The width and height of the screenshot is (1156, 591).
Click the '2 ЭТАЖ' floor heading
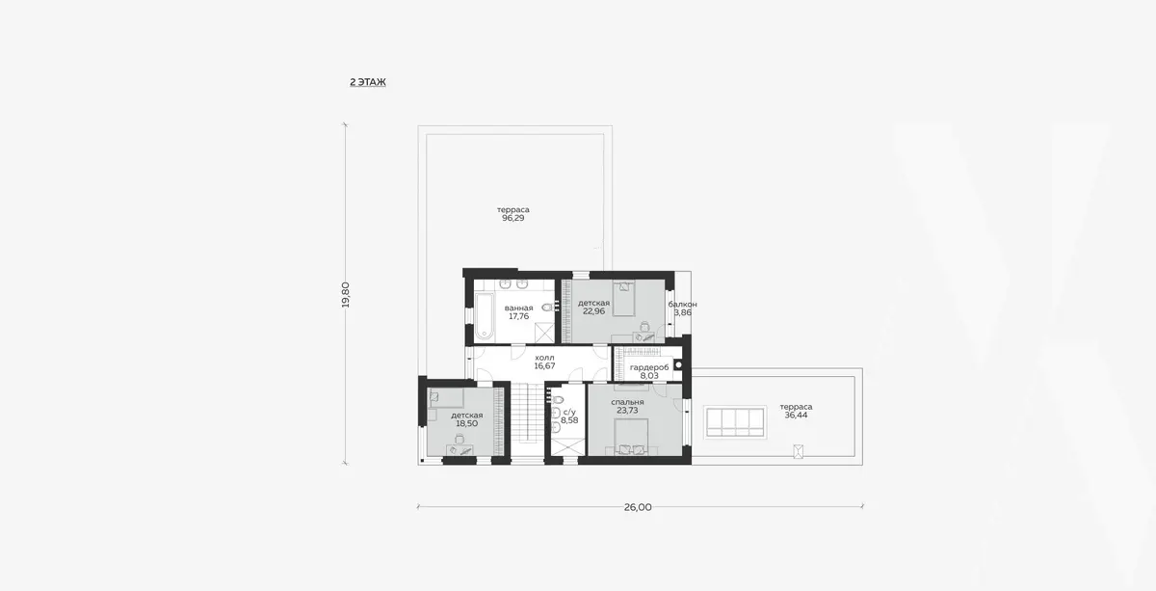tap(367, 82)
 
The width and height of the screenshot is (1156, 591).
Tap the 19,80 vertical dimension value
tap(346, 295)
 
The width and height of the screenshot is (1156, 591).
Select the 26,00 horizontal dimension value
tap(638, 507)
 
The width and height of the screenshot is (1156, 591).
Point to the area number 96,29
tap(512, 218)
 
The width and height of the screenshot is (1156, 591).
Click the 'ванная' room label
tap(518, 308)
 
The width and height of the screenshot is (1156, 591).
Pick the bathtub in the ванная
tap(484, 316)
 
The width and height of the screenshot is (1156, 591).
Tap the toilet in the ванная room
tap(547, 308)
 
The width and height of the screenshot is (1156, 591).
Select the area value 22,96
tap(593, 311)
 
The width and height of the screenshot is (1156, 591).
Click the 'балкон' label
tap(682, 305)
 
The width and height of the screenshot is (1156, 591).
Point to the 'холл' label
tap(544, 358)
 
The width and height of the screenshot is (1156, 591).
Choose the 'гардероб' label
tap(649, 367)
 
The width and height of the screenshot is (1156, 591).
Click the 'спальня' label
tap(627, 402)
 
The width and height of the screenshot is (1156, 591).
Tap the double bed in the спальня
tap(631, 437)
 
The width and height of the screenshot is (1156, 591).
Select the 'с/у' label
tap(569, 413)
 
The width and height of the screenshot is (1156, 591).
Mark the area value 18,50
tap(466, 423)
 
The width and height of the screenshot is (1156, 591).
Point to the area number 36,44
tap(796, 416)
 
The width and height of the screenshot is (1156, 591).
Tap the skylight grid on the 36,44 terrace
tap(735, 422)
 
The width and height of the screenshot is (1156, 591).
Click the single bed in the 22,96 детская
tap(624, 298)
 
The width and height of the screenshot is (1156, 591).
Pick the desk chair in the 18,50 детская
tap(459, 440)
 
